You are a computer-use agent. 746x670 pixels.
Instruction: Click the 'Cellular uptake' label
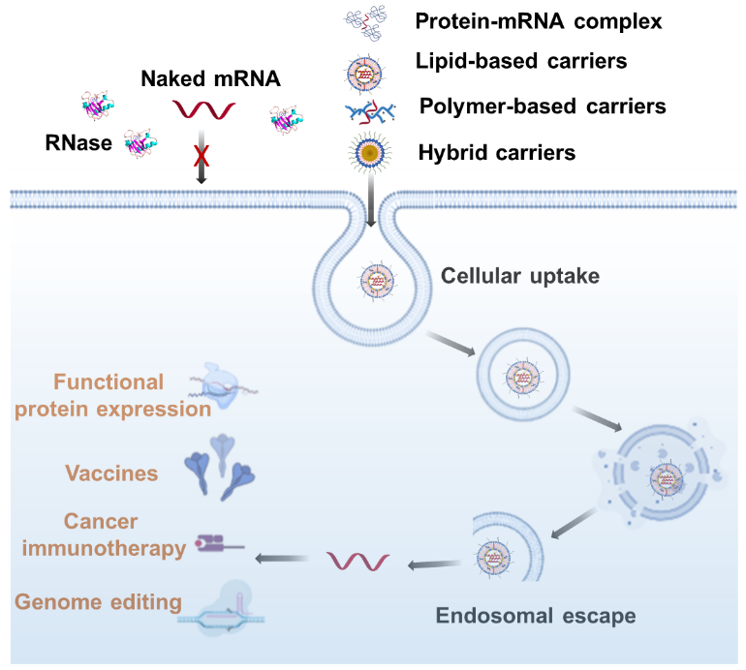pyautogui.click(x=520, y=276)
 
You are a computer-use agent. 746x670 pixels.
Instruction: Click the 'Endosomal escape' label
pyautogui.click(x=536, y=616)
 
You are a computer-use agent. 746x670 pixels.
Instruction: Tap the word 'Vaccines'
pyautogui.click(x=111, y=473)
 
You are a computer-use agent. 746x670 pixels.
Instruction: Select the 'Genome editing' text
pyautogui.click(x=98, y=602)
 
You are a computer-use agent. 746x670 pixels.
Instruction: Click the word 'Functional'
pyautogui.click(x=109, y=381)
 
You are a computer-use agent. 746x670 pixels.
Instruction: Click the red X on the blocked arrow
pyautogui.click(x=202, y=155)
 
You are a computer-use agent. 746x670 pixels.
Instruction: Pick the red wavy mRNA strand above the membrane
pyautogui.click(x=203, y=109)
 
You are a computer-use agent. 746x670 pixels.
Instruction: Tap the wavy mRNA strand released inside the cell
pyautogui.click(x=358, y=561)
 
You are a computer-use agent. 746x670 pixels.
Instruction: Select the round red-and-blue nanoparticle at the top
pyautogui.click(x=364, y=73)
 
